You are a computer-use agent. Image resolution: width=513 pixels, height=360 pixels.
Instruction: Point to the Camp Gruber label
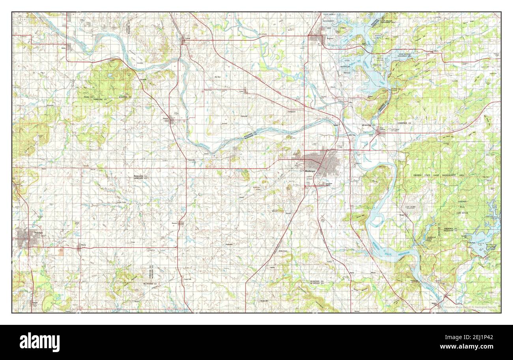tap(410, 207)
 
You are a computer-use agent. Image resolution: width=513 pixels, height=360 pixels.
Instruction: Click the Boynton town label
tap(174, 223)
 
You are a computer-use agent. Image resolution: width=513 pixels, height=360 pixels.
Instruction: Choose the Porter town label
tap(241, 91)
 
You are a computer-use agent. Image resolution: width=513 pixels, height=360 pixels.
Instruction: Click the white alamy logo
tap(39, 342)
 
